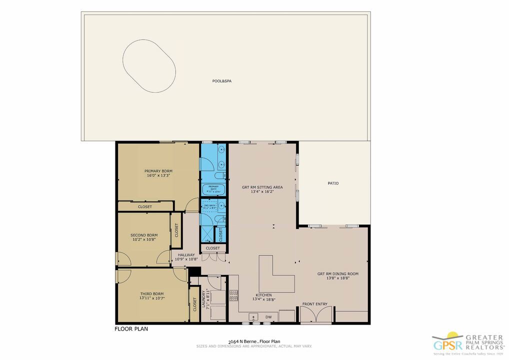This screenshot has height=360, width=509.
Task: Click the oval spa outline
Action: [149, 66]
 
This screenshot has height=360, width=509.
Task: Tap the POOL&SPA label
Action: [221, 80]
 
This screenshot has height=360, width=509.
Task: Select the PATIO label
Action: [333, 183]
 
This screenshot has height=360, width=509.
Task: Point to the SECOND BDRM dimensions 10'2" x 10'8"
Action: [144, 239]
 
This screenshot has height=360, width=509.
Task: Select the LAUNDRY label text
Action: [203, 299]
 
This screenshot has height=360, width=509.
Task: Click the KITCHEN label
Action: [263, 295]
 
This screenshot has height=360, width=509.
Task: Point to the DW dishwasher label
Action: [268, 316]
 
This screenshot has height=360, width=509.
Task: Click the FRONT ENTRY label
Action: [315, 304]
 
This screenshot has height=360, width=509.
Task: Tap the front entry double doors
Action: [316, 315]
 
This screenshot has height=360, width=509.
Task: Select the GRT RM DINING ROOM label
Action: [337, 274]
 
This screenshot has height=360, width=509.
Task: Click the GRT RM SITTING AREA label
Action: [262, 187]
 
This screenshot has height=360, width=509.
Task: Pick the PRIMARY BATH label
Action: [214, 187]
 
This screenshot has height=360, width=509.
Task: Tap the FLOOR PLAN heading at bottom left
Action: [131, 329]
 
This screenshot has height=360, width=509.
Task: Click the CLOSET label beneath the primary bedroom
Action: [145, 206]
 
